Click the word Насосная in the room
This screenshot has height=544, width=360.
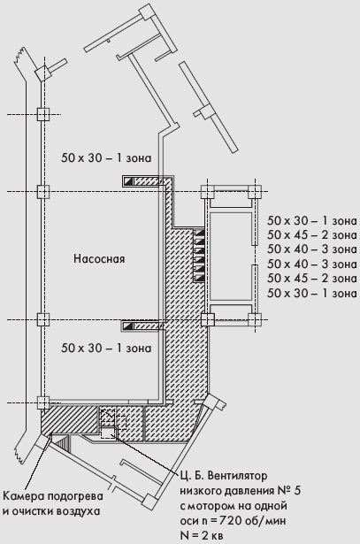pos(99,259)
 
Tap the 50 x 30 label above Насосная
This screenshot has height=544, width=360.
pos(106,157)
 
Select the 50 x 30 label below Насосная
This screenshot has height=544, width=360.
pos(106,348)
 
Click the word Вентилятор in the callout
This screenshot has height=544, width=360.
pos(237,476)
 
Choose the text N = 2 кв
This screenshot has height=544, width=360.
pos(202,535)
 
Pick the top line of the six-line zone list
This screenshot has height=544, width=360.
pos(311,220)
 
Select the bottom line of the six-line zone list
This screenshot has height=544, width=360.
pos(311,293)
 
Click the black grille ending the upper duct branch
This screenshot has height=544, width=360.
pos(128,180)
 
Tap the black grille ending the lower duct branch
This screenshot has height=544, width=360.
pos(128,326)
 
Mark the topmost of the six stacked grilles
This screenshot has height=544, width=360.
pos(200,233)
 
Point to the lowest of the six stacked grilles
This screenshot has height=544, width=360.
pos(200,278)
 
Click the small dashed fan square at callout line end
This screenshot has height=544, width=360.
pos(107,433)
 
